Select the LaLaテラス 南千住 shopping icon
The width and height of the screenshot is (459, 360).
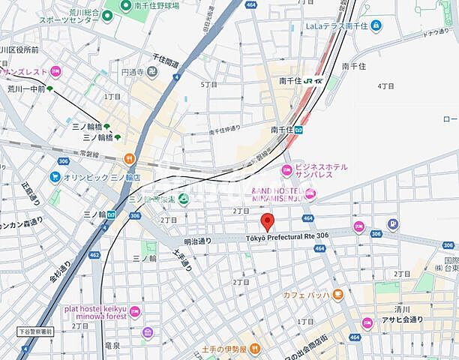coord(376,26)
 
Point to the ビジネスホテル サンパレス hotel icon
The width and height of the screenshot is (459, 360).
coord(286,169)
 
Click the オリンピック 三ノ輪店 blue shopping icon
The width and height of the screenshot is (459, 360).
coord(55,177)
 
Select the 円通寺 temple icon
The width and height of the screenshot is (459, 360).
coord(153,73)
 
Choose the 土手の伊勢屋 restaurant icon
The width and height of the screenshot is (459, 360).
coord(255,348)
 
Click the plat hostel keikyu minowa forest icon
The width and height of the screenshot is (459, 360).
coord(134,310)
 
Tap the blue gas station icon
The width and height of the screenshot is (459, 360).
coord(392,223)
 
